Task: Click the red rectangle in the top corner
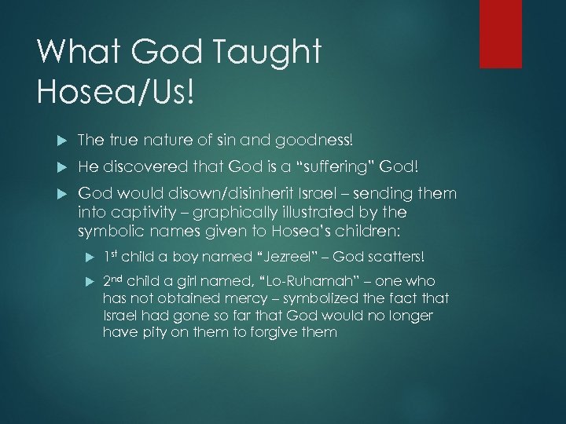[501, 33]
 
